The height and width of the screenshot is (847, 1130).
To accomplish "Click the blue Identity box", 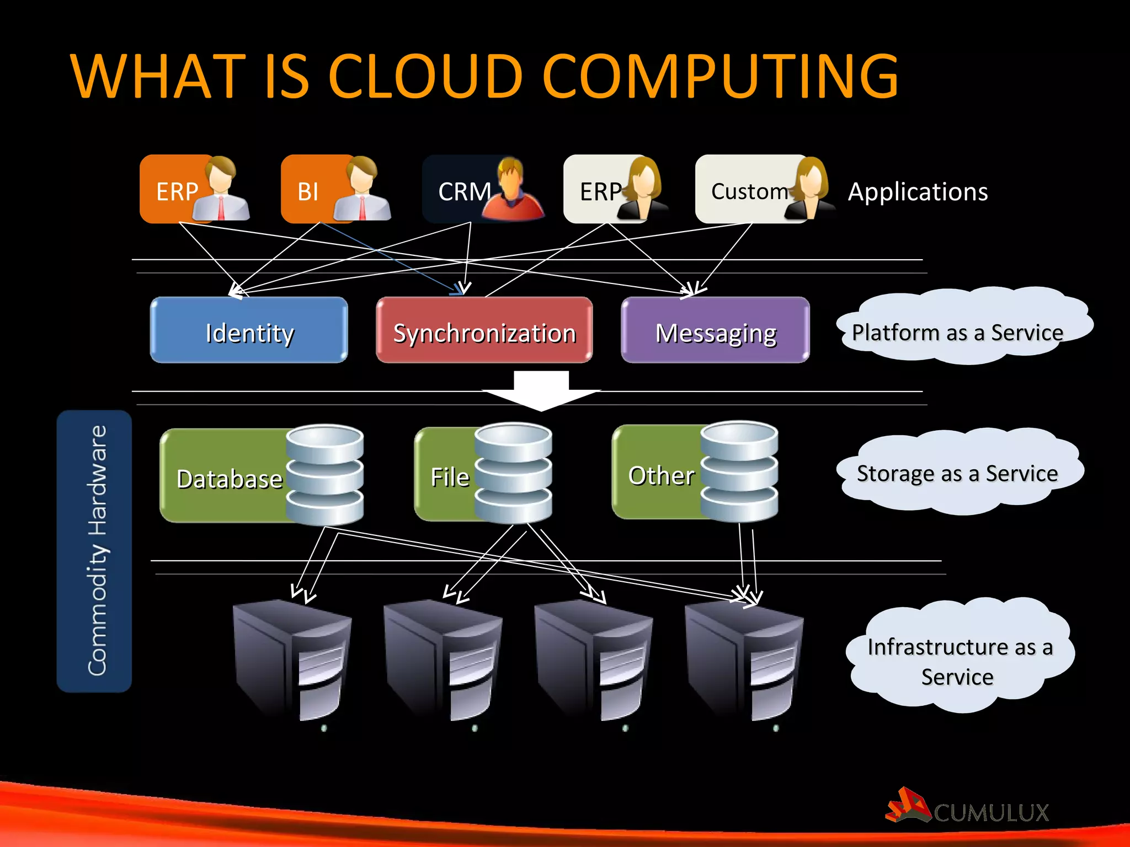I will (249, 330).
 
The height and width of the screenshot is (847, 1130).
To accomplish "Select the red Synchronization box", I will (484, 330).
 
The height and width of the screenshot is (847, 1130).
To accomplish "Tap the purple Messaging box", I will (715, 330).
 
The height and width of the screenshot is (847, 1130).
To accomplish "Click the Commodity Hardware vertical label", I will (95, 551).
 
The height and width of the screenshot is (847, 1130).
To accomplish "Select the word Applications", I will (918, 191).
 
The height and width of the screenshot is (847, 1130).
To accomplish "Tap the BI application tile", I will (308, 191).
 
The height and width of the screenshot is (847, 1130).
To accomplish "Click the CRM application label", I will (463, 191).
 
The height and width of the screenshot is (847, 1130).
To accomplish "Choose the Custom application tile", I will (749, 191).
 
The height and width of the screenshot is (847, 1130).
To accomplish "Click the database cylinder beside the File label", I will (513, 473).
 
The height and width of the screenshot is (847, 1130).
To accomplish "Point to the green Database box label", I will (230, 479).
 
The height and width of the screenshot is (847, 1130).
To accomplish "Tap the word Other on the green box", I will (661, 475).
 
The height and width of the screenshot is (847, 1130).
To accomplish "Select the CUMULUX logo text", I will (991, 812).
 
